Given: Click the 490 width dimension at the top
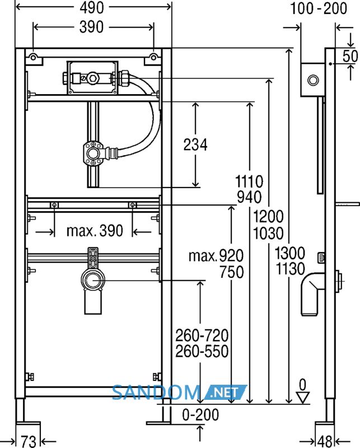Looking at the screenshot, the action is point(92,8).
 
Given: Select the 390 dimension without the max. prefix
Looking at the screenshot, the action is point(91,27).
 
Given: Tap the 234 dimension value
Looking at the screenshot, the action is point(195,144).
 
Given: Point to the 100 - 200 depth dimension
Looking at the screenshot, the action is point(319,8).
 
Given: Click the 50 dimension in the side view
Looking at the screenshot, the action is point(350,56).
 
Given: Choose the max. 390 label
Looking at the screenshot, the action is point(95,231).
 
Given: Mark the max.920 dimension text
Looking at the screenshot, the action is point(216,256).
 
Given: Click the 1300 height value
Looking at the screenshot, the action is point(290,253).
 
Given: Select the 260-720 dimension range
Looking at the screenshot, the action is point(202,335).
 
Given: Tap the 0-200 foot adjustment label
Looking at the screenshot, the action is point(200,414).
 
